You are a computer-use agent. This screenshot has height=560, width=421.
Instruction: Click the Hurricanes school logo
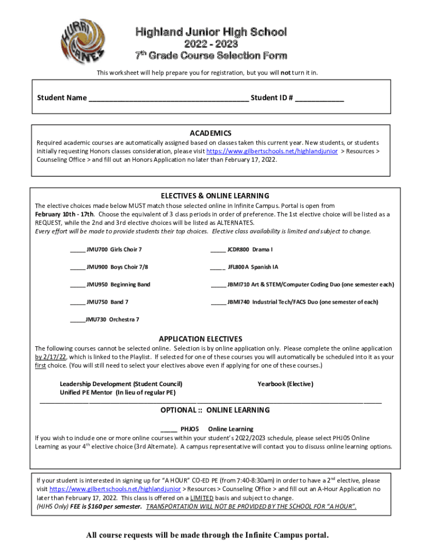(82, 42)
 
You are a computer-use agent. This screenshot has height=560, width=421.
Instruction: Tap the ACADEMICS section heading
(210, 133)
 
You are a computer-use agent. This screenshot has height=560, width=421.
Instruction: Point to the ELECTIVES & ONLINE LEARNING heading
(214, 195)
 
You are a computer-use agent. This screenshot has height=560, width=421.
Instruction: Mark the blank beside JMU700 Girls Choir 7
(77, 250)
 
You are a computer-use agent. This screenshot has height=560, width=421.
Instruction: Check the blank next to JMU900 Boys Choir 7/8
(77, 268)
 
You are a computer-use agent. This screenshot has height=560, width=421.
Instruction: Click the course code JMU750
(97, 302)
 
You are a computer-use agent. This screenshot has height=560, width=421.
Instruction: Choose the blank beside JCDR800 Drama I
(218, 250)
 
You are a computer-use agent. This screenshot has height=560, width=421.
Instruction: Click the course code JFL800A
(238, 267)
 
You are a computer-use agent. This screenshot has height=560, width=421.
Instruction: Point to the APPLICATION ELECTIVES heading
(200, 339)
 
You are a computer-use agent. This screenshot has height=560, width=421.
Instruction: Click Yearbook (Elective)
(285, 384)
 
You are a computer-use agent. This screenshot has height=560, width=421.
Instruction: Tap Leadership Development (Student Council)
(121, 384)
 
